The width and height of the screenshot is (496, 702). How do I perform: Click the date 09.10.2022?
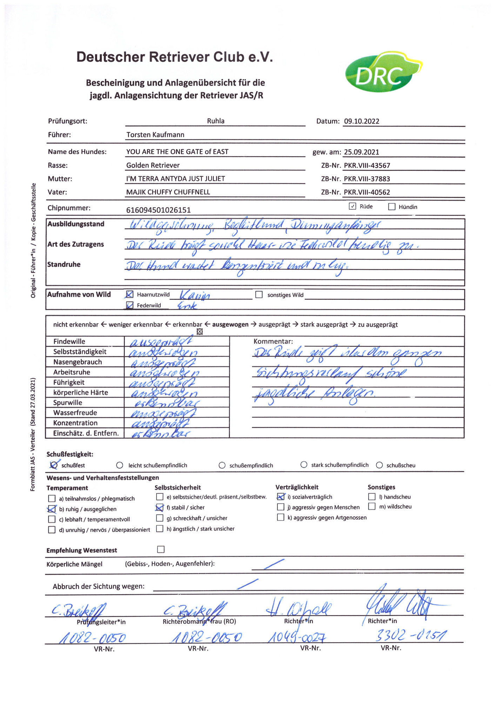coord(361,121)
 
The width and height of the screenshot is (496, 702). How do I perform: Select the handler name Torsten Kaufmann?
coord(155,135)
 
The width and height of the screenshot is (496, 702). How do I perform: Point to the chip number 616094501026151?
coord(158,210)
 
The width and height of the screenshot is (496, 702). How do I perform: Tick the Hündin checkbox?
coord(392,207)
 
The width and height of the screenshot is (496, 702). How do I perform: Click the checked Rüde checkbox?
coord(353,206)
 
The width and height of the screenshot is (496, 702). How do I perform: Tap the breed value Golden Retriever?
coord(153,165)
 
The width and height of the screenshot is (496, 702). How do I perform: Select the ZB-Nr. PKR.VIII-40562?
coord(367,192)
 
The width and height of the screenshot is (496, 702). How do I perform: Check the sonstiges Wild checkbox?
coord(259,295)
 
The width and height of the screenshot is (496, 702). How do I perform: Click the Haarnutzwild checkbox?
coord(129,294)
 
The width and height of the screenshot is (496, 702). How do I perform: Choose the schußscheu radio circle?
coord(379,465)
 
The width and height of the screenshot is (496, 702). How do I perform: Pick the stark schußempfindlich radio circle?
coord(304,465)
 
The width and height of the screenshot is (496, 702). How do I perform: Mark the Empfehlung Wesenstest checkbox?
coord(161,549)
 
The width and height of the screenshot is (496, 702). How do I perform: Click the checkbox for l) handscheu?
coord(372,497)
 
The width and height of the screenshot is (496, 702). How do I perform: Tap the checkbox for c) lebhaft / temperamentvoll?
coord(52,519)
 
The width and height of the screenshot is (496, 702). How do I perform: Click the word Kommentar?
coord(273,342)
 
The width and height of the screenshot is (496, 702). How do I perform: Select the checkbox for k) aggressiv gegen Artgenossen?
coord(281,517)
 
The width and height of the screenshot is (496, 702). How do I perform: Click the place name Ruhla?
coord(215,121)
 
